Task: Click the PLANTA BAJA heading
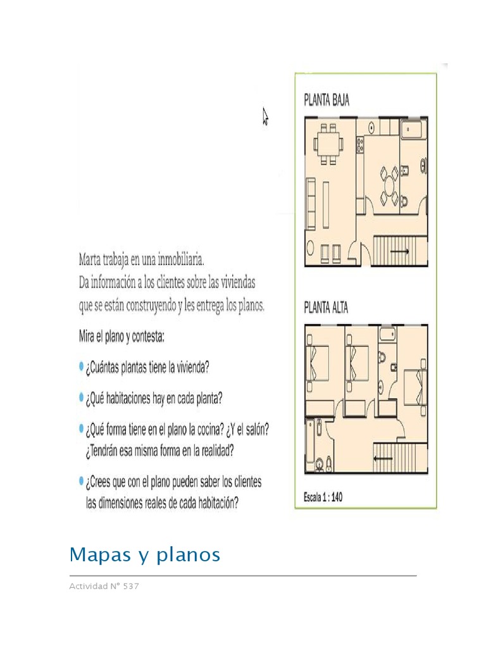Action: click(327, 100)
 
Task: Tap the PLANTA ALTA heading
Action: click(327, 308)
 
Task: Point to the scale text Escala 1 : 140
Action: click(323, 497)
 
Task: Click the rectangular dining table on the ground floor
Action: click(328, 144)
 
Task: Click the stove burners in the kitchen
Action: click(361, 147)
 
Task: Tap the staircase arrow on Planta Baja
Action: click(399, 252)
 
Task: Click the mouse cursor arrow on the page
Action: click(266, 116)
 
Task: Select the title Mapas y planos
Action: click(145, 555)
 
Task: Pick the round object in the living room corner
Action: click(311, 247)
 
